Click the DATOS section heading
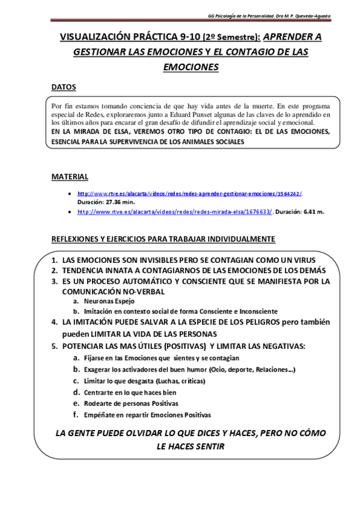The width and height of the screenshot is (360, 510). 63,87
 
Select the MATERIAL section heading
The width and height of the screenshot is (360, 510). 69,176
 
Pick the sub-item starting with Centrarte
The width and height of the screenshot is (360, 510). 132,392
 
